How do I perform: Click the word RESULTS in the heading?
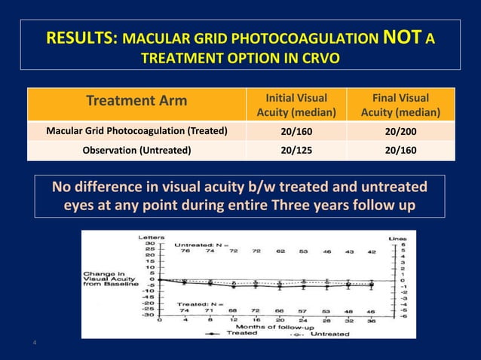80,38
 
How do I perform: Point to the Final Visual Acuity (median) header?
400,105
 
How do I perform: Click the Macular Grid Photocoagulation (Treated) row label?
136,131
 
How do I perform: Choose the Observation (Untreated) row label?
136,150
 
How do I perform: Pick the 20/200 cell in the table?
400,131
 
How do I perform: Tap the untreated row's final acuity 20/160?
400,150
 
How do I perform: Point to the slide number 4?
34,344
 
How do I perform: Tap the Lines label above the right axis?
397,237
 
